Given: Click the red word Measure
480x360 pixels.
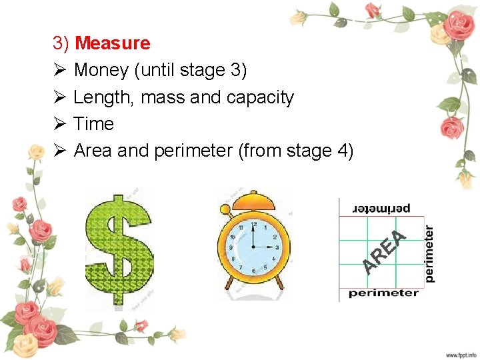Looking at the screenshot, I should point(113,43).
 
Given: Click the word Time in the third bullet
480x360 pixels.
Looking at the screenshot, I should point(93,124).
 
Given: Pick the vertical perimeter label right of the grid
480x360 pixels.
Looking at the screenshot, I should point(430,253).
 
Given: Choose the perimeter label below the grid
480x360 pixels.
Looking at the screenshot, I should point(383,293).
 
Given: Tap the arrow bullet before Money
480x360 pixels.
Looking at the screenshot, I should point(58,70).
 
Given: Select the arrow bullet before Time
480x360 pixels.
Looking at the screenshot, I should point(58,124).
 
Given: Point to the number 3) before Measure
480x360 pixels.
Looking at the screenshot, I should point(61,43).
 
